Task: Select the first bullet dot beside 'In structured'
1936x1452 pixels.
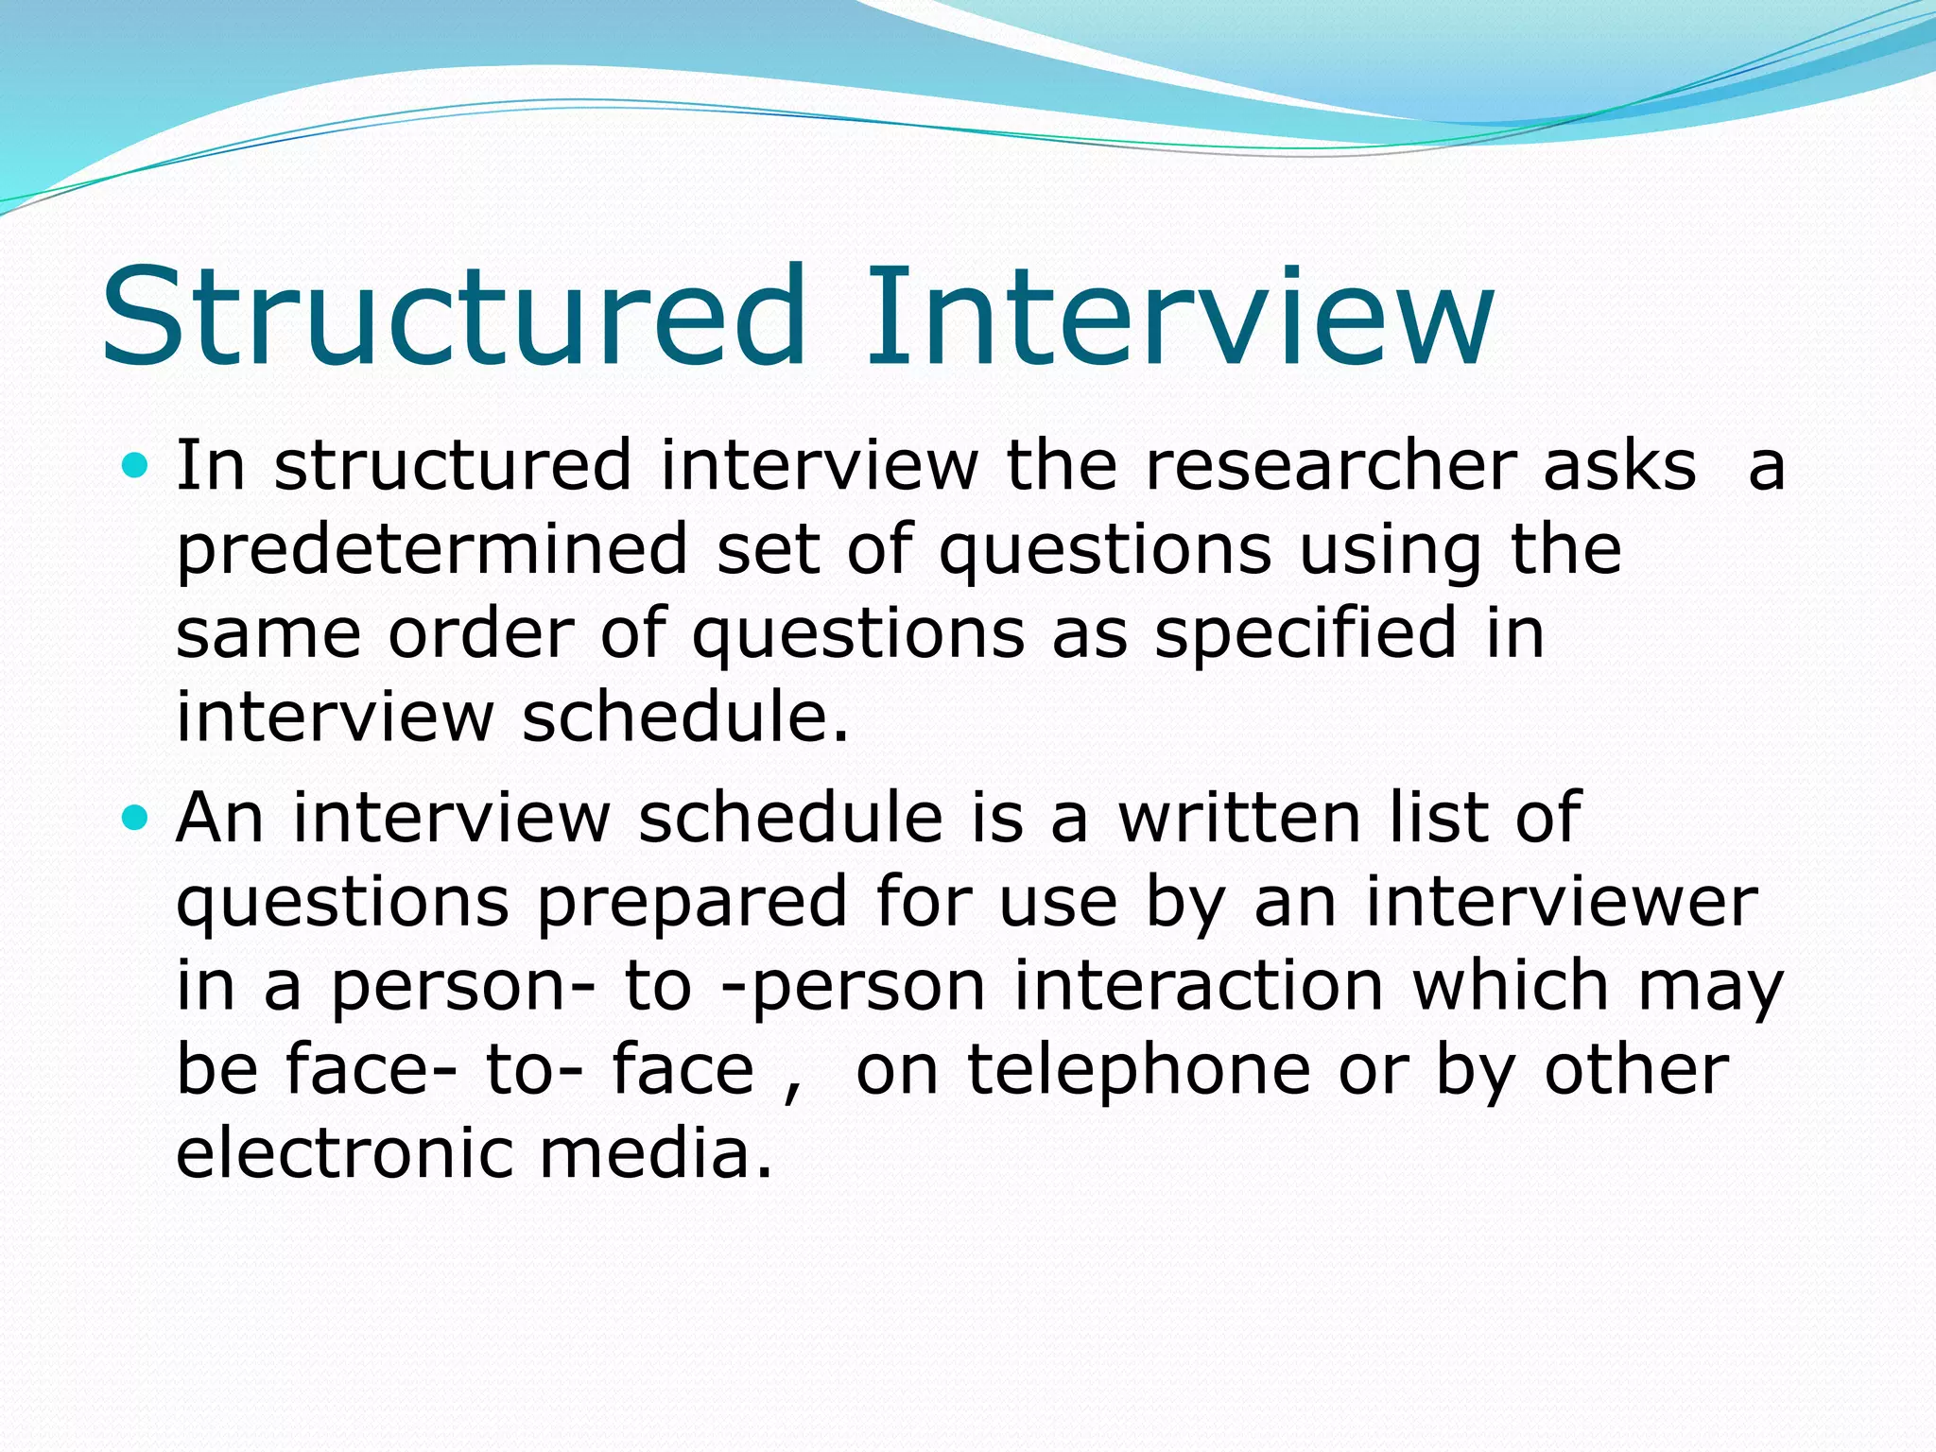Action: [136, 465]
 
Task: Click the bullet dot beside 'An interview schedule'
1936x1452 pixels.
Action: [136, 817]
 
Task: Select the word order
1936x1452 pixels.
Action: [481, 632]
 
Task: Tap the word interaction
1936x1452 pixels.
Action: [1200, 985]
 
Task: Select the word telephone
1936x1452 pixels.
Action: [1139, 1071]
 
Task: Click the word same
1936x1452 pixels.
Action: [268, 632]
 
